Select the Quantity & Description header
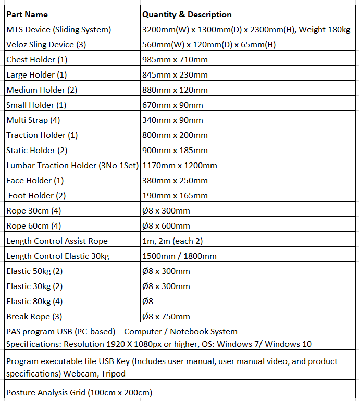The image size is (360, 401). [x=187, y=14]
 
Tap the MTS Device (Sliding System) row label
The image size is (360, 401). [x=58, y=29]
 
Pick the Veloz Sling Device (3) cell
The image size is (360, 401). [x=46, y=44]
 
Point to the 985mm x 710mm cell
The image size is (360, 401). [x=175, y=59]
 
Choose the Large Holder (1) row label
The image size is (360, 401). [x=36, y=74]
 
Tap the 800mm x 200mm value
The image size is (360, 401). [x=175, y=135]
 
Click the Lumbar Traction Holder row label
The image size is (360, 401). [x=72, y=165]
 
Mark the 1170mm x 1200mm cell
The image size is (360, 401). [x=179, y=165]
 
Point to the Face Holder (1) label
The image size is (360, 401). [x=35, y=180]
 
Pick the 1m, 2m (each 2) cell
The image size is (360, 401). [x=173, y=241]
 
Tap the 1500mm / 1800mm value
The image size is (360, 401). [x=179, y=256]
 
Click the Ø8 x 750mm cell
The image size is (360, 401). [x=166, y=316]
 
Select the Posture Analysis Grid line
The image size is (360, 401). [x=79, y=392]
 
